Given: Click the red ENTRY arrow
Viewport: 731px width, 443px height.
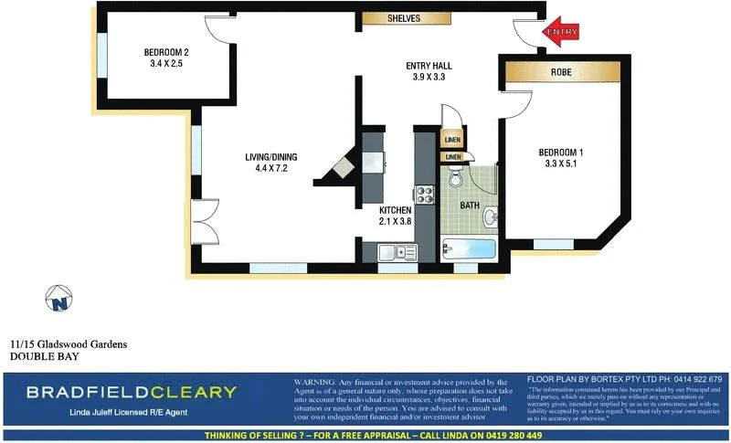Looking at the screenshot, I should pos(564,32).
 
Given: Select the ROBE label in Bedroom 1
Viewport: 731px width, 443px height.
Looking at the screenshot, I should pos(560,71).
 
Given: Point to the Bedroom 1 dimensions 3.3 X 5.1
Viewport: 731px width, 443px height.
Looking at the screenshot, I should pos(561,164).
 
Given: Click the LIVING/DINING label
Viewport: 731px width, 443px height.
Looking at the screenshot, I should pos(271,156).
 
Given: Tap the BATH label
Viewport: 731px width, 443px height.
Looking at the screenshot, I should pos(470,206).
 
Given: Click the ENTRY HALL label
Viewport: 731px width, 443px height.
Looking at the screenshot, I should pos(429,66).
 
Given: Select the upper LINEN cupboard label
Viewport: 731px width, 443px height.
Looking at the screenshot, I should pos(452,140).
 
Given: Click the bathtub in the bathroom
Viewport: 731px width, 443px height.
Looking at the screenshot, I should pos(468,249).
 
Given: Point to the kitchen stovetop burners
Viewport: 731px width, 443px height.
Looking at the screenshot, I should pos(425,194).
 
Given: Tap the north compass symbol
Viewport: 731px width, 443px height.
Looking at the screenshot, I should pos(60,298).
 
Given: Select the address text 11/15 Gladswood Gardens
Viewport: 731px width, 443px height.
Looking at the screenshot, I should pos(69,344).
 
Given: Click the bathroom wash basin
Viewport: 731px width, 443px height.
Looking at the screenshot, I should pos(491,217).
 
